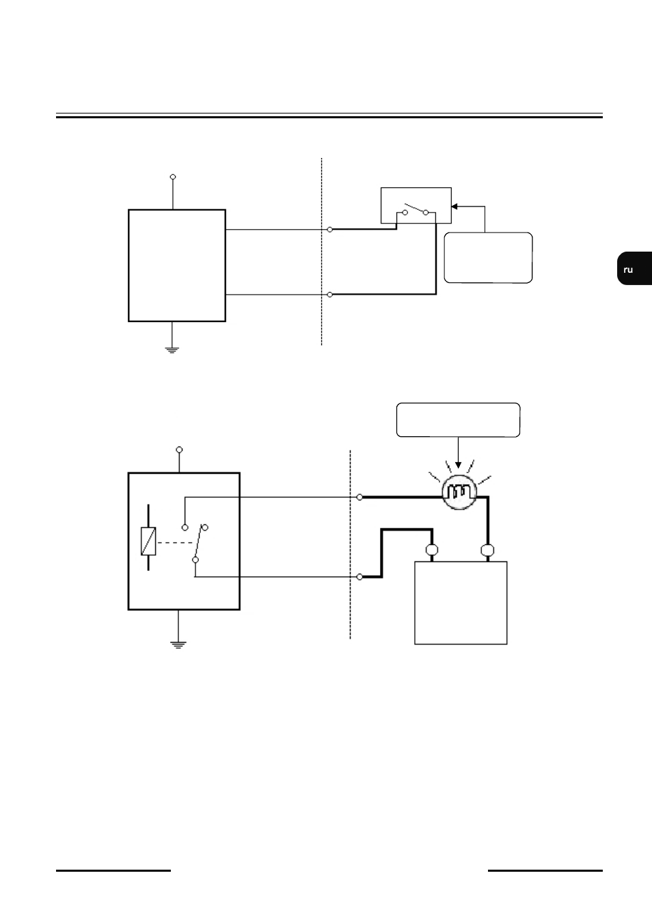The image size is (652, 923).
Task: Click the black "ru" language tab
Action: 634,268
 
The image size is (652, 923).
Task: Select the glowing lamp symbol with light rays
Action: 459,492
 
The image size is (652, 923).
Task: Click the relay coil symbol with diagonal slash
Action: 148,541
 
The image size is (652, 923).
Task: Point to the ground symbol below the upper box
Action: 172,350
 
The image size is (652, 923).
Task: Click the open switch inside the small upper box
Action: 415,210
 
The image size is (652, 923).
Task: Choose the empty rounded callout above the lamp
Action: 458,420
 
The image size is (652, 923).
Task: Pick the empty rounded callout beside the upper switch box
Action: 488,258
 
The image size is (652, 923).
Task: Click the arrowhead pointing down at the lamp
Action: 458,465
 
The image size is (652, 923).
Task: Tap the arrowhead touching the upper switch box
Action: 454,206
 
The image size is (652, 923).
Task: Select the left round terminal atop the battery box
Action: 432,550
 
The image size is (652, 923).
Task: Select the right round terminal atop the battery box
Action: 487,550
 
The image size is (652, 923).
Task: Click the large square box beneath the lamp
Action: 461,603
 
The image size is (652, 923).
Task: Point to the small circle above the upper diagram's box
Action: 173,177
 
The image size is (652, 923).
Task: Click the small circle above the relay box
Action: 179,450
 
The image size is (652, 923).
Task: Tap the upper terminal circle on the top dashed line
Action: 329,230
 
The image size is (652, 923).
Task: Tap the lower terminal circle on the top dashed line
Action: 329,295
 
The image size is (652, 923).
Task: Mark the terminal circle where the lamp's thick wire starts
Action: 359,497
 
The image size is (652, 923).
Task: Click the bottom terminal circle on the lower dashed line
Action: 359,577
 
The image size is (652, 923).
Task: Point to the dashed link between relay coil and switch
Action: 176,543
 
